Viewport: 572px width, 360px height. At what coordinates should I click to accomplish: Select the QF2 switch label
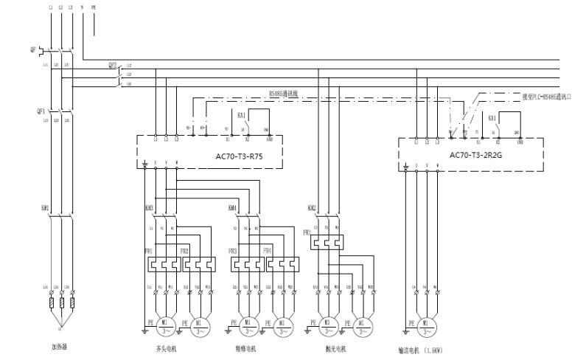pos(113,65)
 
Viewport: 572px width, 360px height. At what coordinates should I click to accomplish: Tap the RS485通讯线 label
pos(282,94)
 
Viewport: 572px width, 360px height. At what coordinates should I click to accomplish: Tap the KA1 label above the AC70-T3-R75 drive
pos(242,117)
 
